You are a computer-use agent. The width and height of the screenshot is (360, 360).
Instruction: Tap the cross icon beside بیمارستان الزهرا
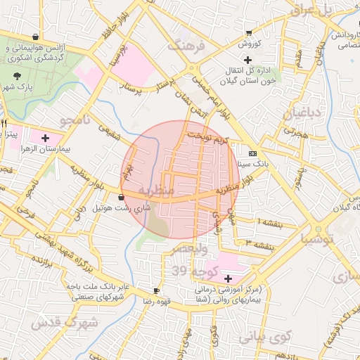[x=46, y=138]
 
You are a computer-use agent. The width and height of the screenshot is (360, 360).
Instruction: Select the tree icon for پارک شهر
[x=17, y=75]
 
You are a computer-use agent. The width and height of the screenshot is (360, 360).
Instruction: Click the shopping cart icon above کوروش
[x=249, y=33]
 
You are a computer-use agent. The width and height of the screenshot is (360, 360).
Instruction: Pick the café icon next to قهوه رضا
[x=156, y=290]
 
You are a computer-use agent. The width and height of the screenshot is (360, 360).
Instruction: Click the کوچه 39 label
[x=189, y=271]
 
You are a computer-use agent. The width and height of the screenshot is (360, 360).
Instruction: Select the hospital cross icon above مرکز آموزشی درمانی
[x=226, y=278]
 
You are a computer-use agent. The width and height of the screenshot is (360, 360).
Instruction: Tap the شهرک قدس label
[x=62, y=323]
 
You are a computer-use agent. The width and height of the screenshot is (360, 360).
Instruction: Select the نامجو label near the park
[x=76, y=121]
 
